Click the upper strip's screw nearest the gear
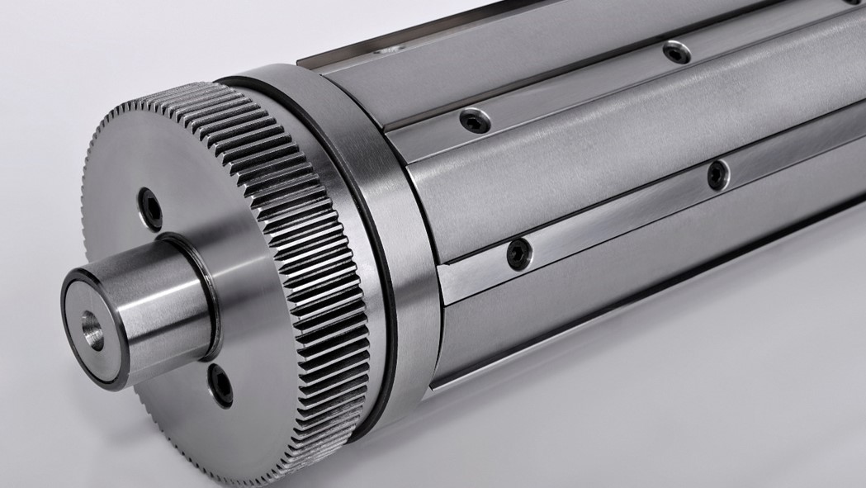tap(475, 122)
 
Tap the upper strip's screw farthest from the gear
tap(677, 52)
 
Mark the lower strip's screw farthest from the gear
tap(717, 174)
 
